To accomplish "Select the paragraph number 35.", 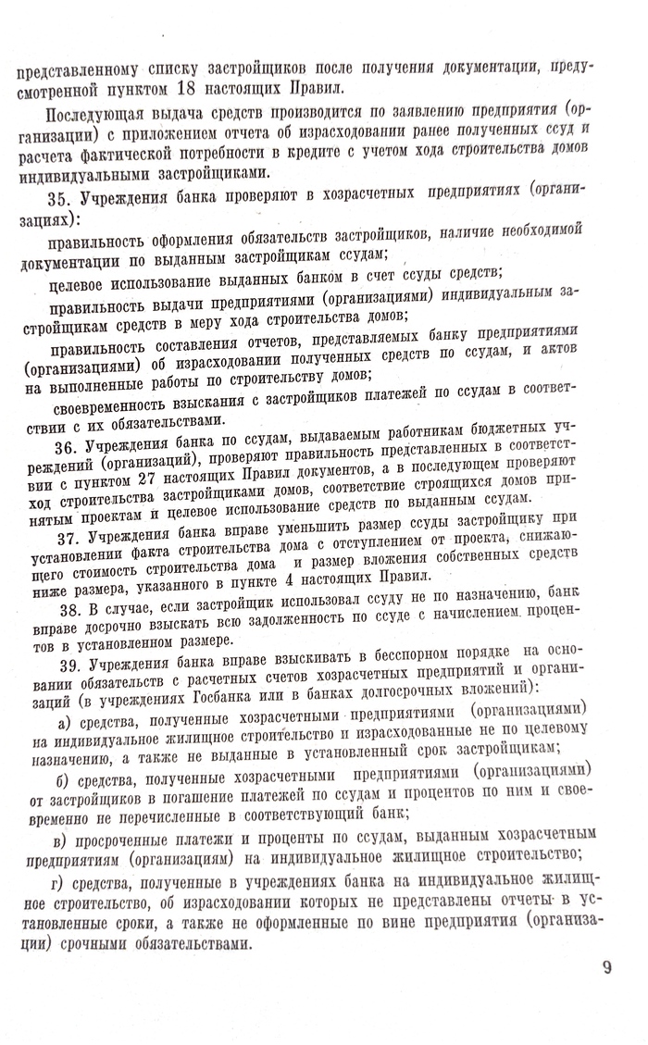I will pyautogui.click(x=57, y=198).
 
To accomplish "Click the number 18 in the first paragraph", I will pyautogui.click(x=199, y=89).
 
